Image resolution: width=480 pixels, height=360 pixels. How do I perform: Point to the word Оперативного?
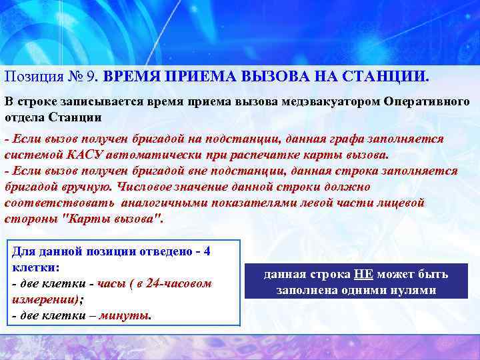coord(427,102)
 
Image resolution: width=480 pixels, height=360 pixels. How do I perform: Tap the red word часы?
coord(113,283)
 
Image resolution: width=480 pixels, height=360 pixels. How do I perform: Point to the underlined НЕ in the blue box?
coord(364,275)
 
